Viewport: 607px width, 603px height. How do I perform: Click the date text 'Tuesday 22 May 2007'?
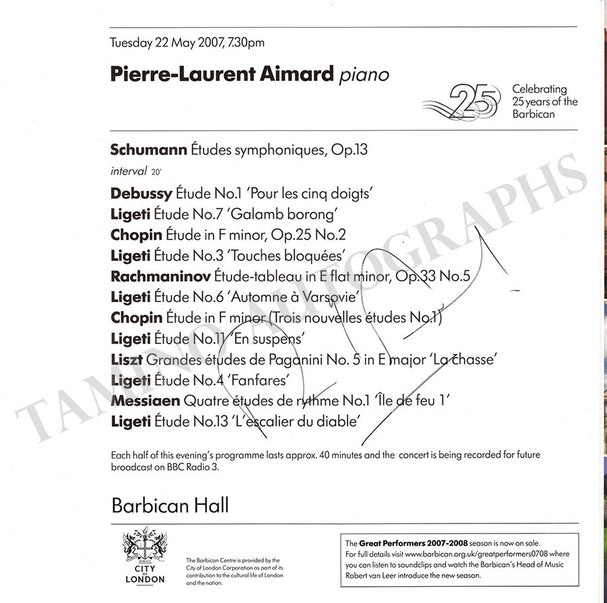click(160, 42)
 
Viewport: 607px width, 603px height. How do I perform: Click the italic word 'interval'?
click(128, 171)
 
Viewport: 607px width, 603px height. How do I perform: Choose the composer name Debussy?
click(141, 193)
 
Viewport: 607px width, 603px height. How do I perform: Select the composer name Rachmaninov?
click(160, 276)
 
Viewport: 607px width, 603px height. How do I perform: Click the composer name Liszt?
click(126, 360)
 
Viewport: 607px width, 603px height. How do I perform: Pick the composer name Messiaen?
click(145, 401)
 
